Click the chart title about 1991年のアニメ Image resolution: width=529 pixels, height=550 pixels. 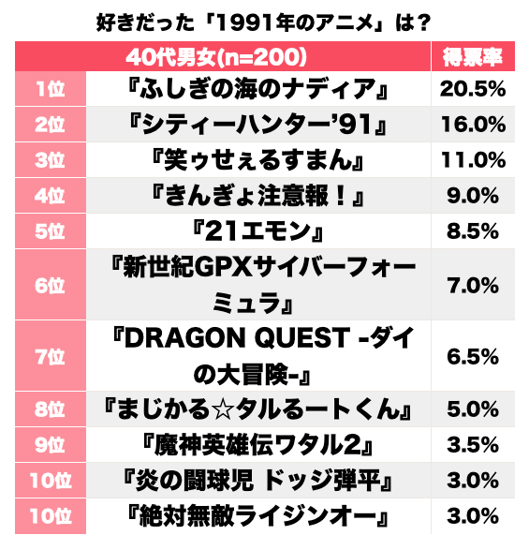click(x=264, y=20)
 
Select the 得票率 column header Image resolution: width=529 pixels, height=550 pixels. click(x=473, y=57)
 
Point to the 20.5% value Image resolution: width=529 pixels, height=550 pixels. click(x=473, y=90)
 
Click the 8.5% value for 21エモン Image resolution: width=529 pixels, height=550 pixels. click(x=473, y=230)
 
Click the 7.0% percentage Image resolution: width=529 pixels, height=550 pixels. click(x=473, y=286)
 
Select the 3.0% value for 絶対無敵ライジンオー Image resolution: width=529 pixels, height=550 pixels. click(x=473, y=516)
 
